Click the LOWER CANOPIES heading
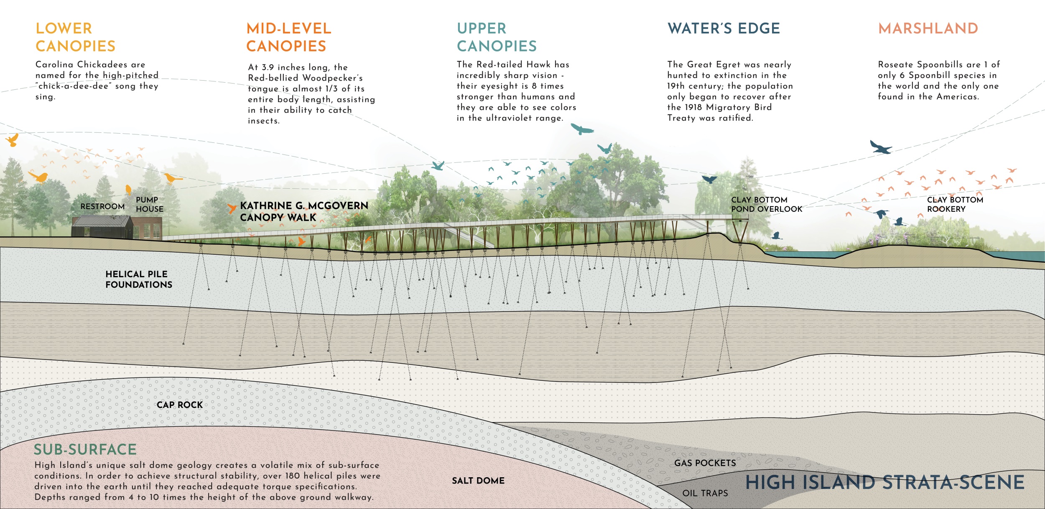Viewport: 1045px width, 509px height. tap(75, 37)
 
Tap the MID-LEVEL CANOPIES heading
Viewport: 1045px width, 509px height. tap(289, 37)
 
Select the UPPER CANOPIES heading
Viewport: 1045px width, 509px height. tap(497, 37)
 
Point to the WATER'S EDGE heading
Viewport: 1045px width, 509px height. tap(724, 28)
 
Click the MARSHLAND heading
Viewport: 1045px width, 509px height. tap(928, 28)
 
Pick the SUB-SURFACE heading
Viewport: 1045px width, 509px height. tap(85, 449)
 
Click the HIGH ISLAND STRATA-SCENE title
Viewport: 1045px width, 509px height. tap(885, 482)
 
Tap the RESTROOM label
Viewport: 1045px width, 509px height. tap(102, 206)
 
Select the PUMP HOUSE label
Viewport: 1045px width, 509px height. tap(150, 204)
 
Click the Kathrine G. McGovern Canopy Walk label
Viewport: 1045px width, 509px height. tap(304, 211)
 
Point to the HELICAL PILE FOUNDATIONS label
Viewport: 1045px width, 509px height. tap(139, 279)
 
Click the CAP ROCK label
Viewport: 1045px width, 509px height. tap(180, 405)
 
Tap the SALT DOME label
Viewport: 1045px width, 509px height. tap(478, 481)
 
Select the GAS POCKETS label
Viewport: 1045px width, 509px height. tap(705, 463)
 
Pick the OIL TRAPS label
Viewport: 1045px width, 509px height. tap(705, 493)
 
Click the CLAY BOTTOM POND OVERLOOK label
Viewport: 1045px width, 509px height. tap(767, 204)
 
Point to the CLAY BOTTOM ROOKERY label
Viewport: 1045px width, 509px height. tap(955, 204)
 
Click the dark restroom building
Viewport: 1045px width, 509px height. tap(102, 227)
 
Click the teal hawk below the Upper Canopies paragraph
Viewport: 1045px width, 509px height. tap(582, 129)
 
